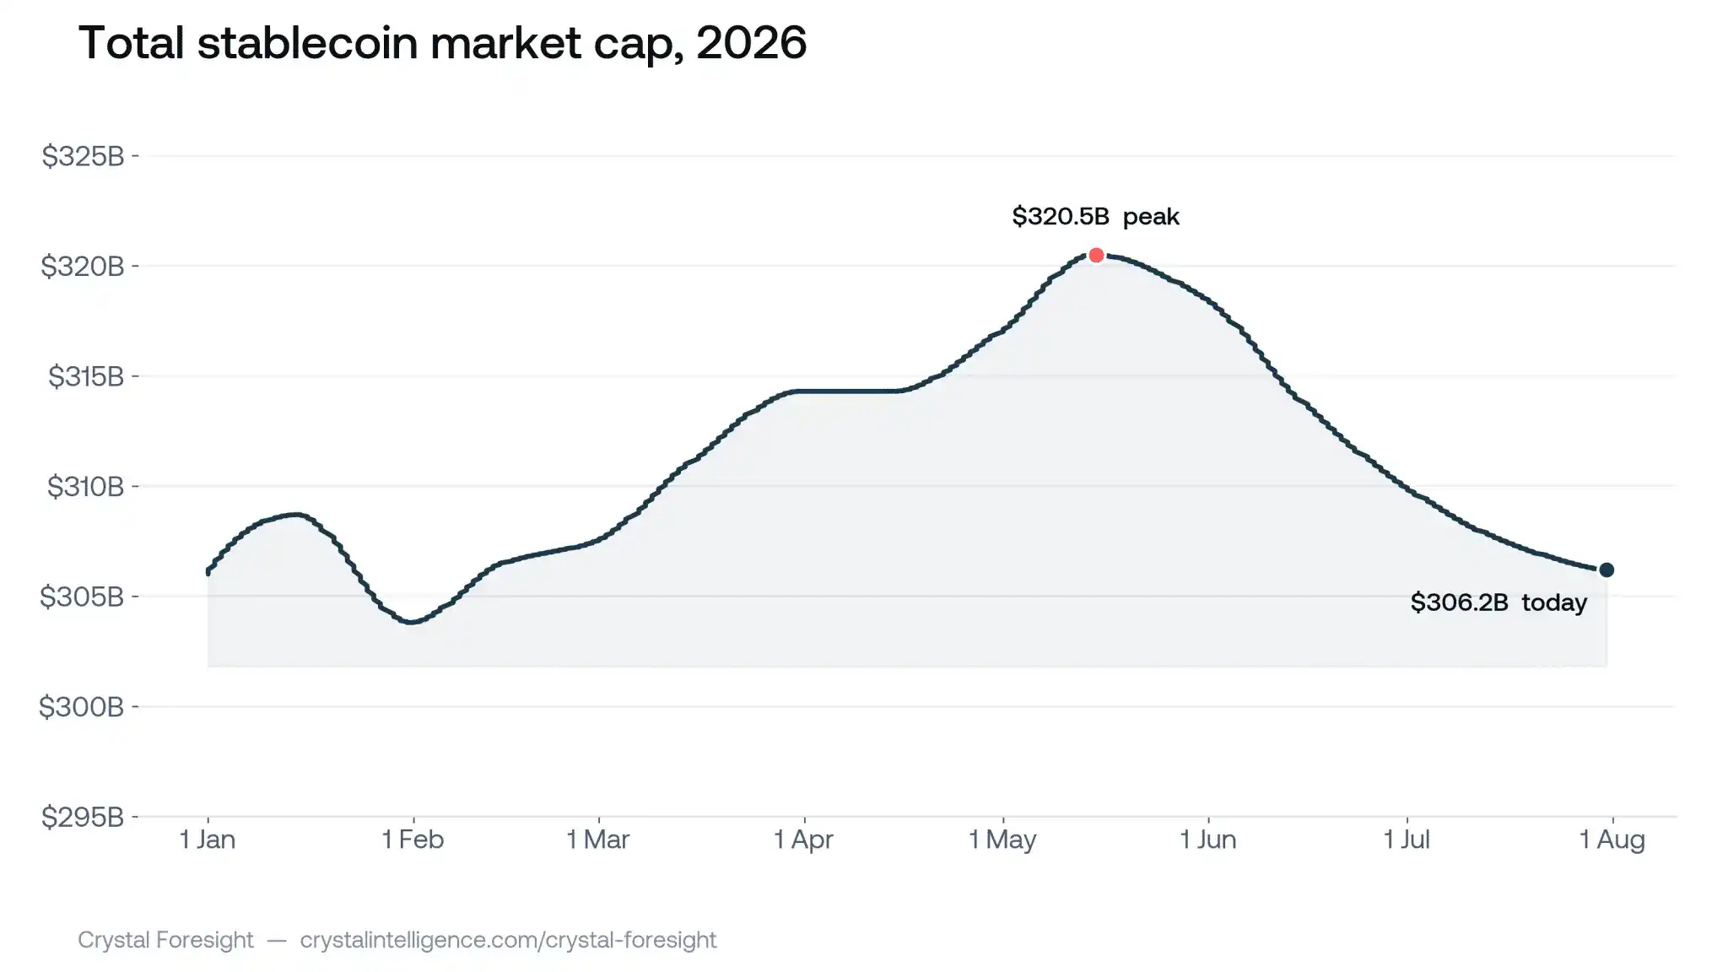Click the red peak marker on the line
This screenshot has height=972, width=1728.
pyautogui.click(x=1096, y=255)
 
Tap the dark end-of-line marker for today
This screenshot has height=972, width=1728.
pyautogui.click(x=1606, y=570)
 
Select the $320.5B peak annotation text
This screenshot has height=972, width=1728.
pyautogui.click(x=1095, y=217)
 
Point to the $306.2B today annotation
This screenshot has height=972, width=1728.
pyautogui.click(x=1498, y=602)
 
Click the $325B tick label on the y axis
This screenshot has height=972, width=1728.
pyautogui.click(x=83, y=156)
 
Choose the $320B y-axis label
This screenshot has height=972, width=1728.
pyautogui.click(x=83, y=267)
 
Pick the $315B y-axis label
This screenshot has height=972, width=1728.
pyautogui.click(x=86, y=376)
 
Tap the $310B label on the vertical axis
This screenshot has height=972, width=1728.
pyautogui.click(x=85, y=487)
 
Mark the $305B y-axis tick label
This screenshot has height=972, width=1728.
pyautogui.click(x=82, y=597)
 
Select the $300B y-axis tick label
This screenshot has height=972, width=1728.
pyautogui.click(x=82, y=707)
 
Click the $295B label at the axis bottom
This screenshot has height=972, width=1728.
pyautogui.click(x=83, y=817)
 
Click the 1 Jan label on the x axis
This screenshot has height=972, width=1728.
pyautogui.click(x=208, y=840)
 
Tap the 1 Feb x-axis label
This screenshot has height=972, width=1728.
pyautogui.click(x=413, y=840)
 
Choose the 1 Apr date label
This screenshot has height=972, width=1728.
pyautogui.click(x=803, y=840)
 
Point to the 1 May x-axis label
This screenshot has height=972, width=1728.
pyautogui.click(x=1002, y=840)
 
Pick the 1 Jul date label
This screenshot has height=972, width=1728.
pyautogui.click(x=1407, y=840)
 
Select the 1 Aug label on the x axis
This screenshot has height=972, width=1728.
pyautogui.click(x=1612, y=840)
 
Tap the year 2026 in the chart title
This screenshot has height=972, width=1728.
pyautogui.click(x=752, y=42)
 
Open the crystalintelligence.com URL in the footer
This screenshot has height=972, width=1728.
pyautogui.click(x=508, y=940)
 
